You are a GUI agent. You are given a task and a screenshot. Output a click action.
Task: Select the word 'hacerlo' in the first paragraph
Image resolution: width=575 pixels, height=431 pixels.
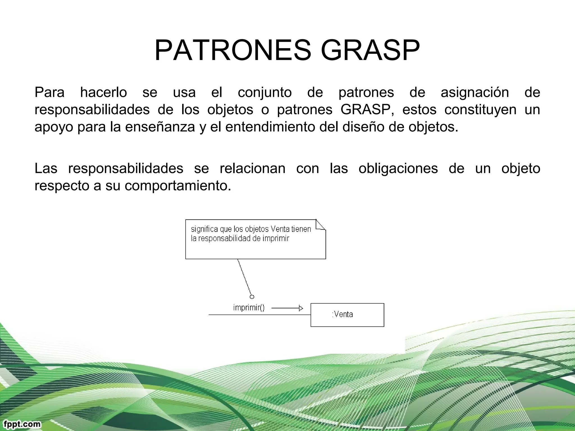(x=103, y=92)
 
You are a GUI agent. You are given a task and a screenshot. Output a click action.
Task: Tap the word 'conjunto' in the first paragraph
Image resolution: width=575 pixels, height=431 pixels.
(x=264, y=92)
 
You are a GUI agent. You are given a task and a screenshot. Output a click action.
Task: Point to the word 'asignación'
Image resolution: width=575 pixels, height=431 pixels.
(x=474, y=92)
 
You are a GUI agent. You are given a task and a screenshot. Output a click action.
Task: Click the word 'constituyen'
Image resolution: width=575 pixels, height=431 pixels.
(x=480, y=109)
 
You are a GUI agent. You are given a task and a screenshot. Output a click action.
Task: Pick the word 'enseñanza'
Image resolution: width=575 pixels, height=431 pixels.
(x=160, y=127)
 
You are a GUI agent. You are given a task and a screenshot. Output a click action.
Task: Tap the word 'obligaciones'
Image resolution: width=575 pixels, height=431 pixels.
(x=398, y=168)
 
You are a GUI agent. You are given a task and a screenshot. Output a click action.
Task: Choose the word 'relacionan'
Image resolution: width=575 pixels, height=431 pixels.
(x=252, y=168)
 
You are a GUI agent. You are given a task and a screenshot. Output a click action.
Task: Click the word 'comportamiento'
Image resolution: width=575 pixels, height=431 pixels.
(x=178, y=186)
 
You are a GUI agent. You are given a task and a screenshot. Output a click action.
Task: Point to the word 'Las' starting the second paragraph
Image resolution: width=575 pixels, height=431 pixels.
(x=46, y=168)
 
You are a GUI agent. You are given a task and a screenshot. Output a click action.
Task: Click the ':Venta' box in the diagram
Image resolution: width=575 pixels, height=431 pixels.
(x=347, y=315)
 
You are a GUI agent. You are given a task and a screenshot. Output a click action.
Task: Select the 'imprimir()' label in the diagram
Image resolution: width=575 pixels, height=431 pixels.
(x=249, y=308)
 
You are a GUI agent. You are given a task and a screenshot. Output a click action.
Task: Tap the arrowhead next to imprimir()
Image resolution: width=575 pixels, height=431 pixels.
(x=301, y=308)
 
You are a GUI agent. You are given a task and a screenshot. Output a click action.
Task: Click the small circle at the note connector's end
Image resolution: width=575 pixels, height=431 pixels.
(x=252, y=297)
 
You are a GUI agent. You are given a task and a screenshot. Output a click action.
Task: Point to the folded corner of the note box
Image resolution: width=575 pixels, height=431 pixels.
(x=320, y=225)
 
